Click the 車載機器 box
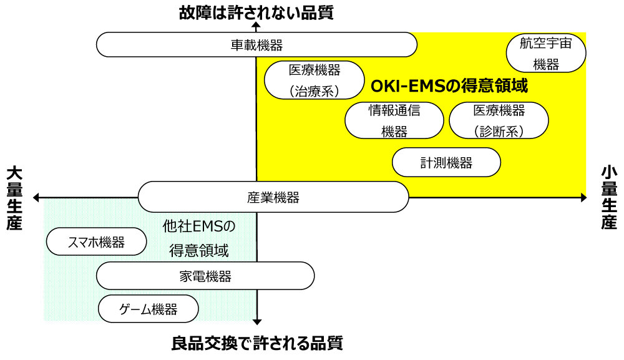click(256, 45)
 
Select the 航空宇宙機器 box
click(546, 53)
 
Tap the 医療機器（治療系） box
click(314, 80)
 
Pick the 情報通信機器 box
click(394, 120)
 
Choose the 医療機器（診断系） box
click(499, 120)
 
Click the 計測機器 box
click(446, 163)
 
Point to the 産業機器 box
click(273, 197)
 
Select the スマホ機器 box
click(96, 242)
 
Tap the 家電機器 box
click(205, 276)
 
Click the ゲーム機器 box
click(149, 309)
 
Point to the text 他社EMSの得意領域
click(199, 238)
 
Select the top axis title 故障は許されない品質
click(255, 12)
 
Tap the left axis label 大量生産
click(14, 198)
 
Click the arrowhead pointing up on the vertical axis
click(256, 27)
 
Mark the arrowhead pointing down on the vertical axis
click(256, 321)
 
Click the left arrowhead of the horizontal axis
click(36, 198)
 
